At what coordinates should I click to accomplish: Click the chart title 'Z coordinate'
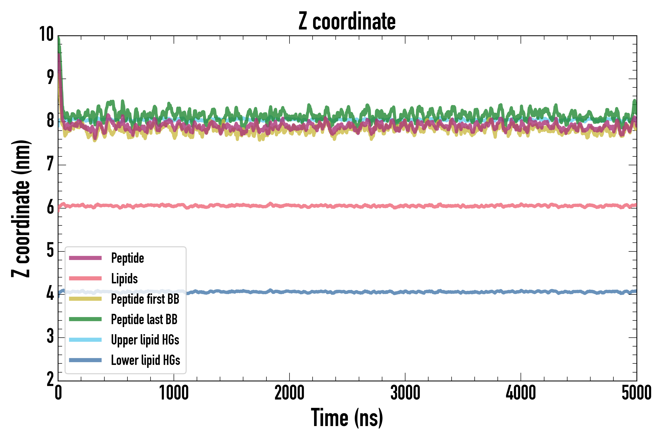347,21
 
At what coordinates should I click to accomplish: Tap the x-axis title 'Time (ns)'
347,417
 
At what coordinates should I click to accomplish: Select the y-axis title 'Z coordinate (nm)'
21,208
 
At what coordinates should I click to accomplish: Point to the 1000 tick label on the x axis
174,393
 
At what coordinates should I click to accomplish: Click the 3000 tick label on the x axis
405,393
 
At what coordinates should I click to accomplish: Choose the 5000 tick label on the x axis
636,393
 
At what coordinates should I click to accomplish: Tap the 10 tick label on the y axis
46,34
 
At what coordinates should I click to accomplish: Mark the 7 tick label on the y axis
50,164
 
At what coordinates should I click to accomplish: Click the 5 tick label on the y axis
50,250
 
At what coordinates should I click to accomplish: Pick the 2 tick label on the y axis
50,379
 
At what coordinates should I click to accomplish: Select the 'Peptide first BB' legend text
145,299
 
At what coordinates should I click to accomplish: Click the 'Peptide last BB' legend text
144,319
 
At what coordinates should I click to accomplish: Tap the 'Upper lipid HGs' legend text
145,340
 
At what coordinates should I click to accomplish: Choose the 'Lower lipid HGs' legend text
145,360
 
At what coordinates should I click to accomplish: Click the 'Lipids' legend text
124,278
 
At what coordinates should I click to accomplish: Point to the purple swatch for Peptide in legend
85,258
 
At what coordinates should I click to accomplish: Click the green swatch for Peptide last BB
85,319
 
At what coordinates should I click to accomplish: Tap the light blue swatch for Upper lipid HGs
85,340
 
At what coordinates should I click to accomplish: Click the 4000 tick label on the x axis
521,393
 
